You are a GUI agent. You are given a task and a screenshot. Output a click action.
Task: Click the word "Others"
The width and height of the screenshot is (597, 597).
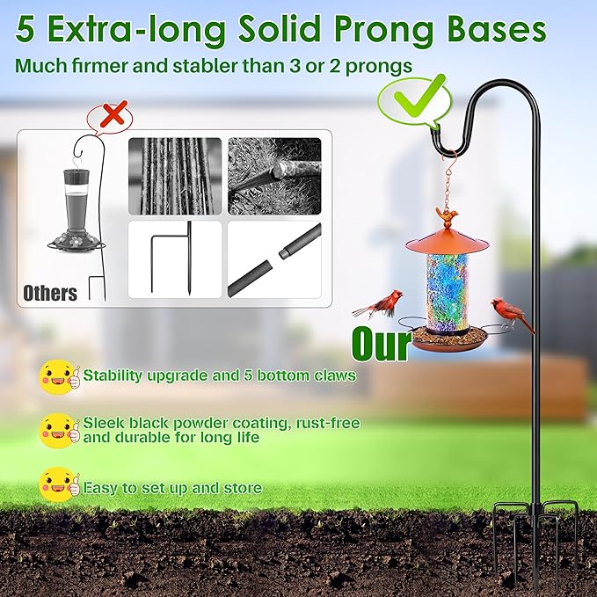(x=50, y=293)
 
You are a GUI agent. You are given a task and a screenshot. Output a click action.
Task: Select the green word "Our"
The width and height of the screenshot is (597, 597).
(x=381, y=344)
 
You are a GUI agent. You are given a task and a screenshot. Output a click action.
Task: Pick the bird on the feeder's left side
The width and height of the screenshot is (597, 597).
(x=381, y=304)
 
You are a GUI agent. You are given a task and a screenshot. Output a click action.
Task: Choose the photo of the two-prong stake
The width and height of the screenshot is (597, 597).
(x=174, y=259)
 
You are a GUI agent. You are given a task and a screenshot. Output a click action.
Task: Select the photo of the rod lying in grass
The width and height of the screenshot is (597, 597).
(x=274, y=175)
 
